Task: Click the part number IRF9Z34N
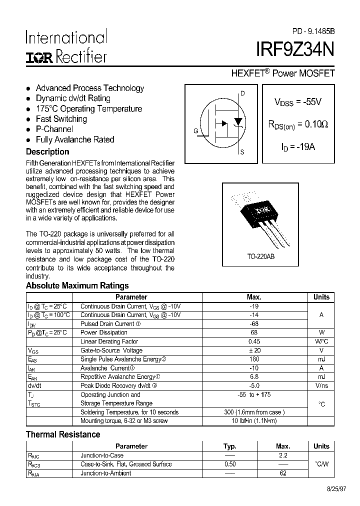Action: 295,51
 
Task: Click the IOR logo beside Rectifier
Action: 39,58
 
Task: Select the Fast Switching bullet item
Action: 61,119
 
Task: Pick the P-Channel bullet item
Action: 54,129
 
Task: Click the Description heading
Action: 47,151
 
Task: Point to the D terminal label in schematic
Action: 242,93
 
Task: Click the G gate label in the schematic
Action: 195,131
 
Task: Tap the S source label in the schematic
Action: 242,152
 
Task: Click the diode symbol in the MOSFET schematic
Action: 238,121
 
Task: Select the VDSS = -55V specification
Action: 297,102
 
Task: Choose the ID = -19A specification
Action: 297,147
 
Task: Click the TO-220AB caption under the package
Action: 260,256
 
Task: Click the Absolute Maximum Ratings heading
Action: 77,286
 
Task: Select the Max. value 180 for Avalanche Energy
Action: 254,359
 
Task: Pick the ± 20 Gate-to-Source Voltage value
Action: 254,350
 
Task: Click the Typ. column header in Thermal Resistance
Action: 229,446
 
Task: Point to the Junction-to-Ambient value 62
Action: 283,473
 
